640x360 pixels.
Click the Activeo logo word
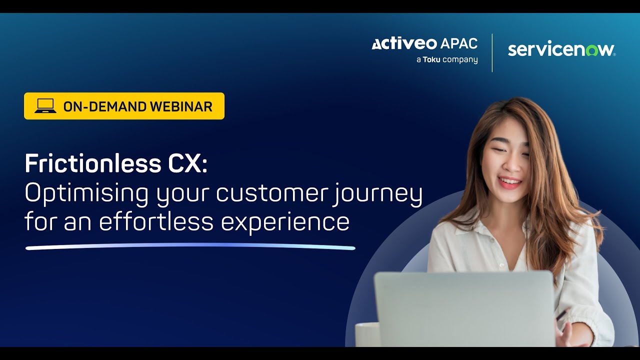(404, 44)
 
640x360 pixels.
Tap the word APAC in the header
(458, 44)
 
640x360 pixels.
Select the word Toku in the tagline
(431, 60)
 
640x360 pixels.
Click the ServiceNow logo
(561, 49)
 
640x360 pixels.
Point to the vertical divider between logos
(492, 52)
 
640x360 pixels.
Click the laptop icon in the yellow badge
(45, 106)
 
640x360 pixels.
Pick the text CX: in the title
(189, 163)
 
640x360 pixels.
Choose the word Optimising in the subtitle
(86, 193)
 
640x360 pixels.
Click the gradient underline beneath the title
(190, 246)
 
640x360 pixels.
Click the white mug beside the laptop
(367, 334)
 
